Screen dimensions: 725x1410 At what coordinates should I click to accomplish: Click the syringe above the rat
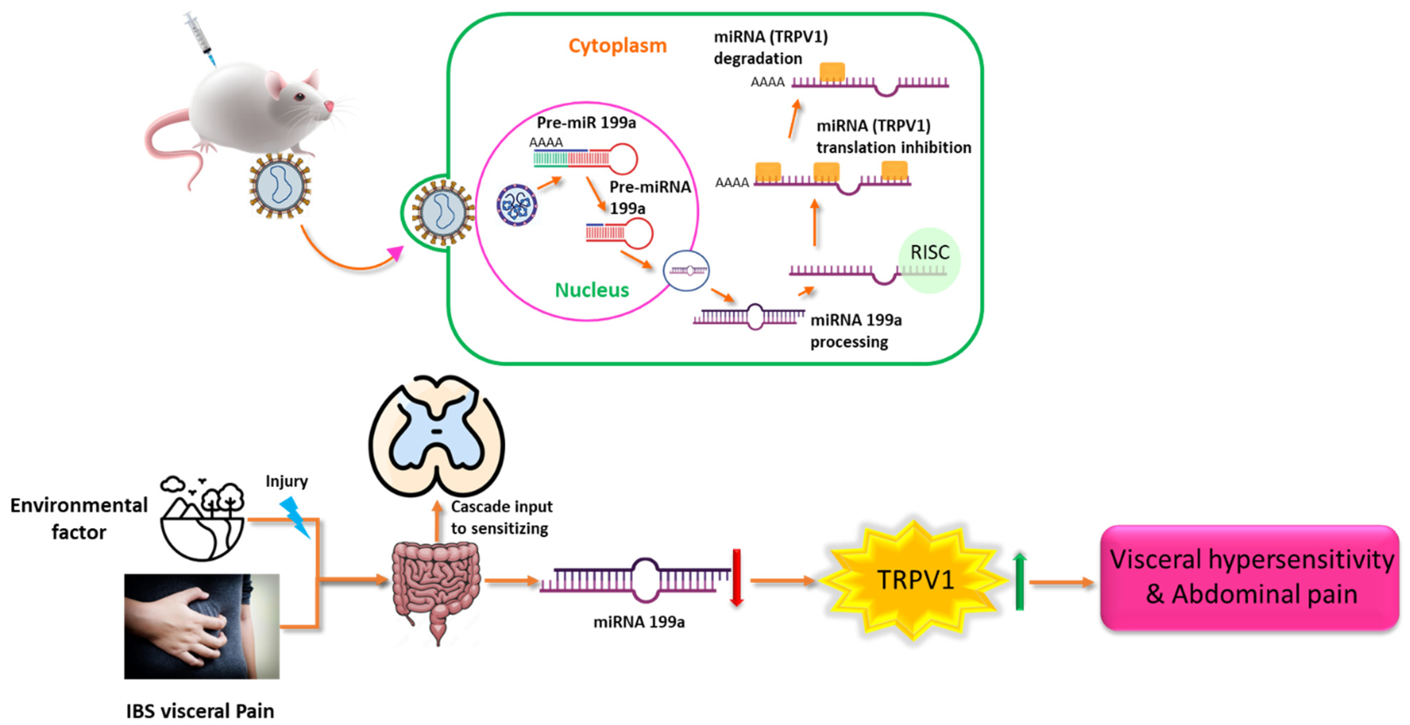tap(200, 38)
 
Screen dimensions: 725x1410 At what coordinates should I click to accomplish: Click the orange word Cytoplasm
tap(617, 46)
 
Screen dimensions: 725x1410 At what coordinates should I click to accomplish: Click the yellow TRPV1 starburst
tap(914, 579)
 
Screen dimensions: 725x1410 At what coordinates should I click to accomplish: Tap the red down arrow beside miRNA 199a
tap(737, 578)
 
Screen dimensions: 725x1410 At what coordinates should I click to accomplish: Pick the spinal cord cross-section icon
tap(436, 435)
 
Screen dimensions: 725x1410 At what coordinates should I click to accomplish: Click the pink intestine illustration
tap(436, 589)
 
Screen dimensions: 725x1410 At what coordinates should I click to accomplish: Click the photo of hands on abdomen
tap(201, 626)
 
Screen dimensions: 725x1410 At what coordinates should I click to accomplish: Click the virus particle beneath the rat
tap(280, 186)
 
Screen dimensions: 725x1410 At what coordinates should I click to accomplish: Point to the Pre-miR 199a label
tap(586, 123)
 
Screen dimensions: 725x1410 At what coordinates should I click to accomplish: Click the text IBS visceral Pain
tap(200, 711)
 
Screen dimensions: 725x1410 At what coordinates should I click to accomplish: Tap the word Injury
tap(286, 481)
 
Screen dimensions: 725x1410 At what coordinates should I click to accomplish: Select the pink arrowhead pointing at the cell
tap(394, 253)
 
